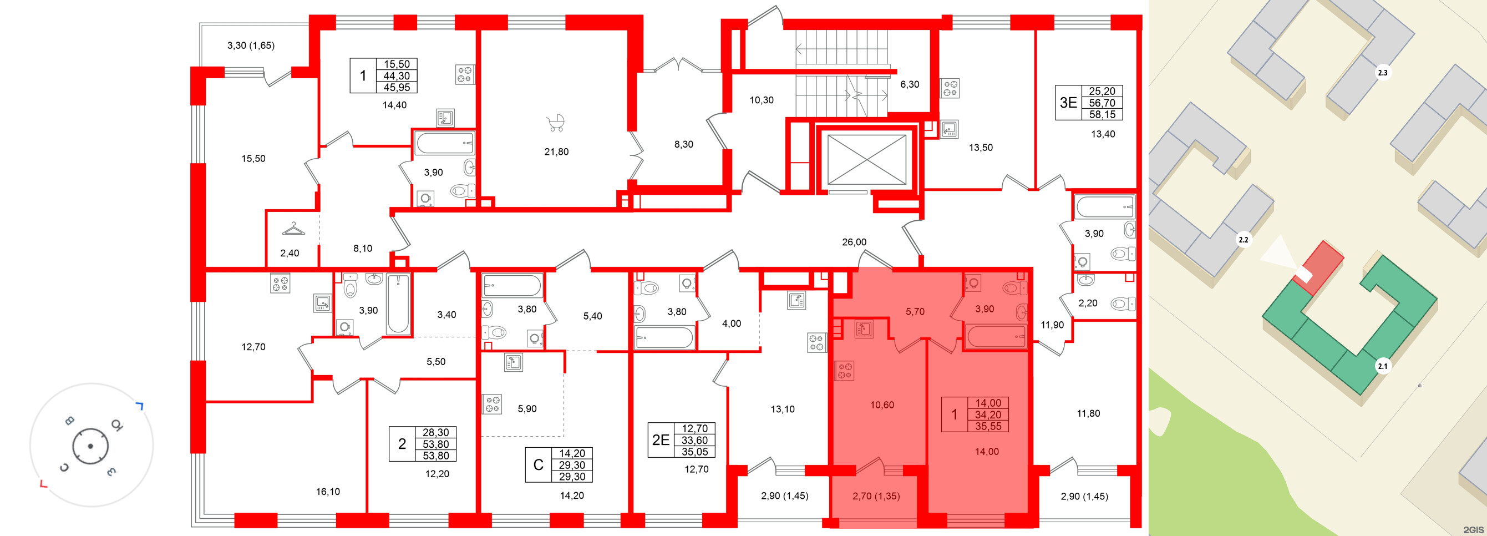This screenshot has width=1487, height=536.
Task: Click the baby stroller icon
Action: pyautogui.click(x=556, y=123)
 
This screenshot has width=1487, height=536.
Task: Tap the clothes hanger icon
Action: pyautogui.click(x=293, y=229)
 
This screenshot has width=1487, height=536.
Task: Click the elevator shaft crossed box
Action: pyautogui.click(x=866, y=160)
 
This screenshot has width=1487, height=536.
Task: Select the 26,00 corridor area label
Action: pyautogui.click(x=854, y=242)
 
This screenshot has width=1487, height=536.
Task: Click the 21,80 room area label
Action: pyautogui.click(x=556, y=152)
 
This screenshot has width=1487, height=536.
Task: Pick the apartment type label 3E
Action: pyautogui.click(x=1068, y=103)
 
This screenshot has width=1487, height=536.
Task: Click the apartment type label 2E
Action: pyautogui.click(x=661, y=440)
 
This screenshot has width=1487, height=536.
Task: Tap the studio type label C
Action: pyautogui.click(x=538, y=465)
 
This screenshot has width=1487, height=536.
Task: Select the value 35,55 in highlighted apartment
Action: pyautogui.click(x=988, y=427)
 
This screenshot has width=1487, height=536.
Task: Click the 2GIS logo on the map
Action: pyautogui.click(x=1473, y=530)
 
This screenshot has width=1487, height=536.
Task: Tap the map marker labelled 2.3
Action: pyautogui.click(x=1383, y=73)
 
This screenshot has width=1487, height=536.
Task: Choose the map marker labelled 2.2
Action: pyautogui.click(x=1244, y=240)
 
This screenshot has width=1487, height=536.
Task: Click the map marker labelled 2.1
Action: pyautogui.click(x=1383, y=366)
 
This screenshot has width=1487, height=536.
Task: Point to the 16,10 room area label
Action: pyautogui.click(x=328, y=492)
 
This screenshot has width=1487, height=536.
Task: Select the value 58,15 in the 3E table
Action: pyautogui.click(x=1102, y=115)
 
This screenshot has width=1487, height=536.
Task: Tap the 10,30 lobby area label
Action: pyautogui.click(x=762, y=100)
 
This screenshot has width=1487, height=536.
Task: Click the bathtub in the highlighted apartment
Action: pyautogui.click(x=996, y=336)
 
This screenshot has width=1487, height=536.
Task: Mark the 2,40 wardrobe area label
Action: pyautogui.click(x=290, y=253)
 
